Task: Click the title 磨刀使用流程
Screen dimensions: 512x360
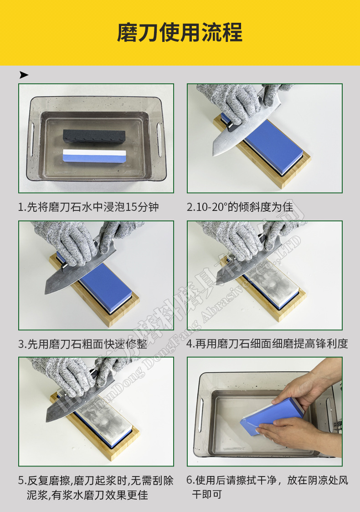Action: click(180, 32)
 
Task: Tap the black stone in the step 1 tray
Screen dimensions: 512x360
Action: click(94, 135)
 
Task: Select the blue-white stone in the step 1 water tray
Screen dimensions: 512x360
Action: click(94, 156)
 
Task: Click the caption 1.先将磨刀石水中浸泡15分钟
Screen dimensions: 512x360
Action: click(88, 207)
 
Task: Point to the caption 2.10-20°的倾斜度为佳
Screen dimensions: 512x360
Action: click(240, 207)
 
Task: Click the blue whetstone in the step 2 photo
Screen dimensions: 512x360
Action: click(273, 143)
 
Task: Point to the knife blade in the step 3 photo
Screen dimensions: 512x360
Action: click(68, 278)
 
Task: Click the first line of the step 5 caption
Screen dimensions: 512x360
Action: click(96, 481)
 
